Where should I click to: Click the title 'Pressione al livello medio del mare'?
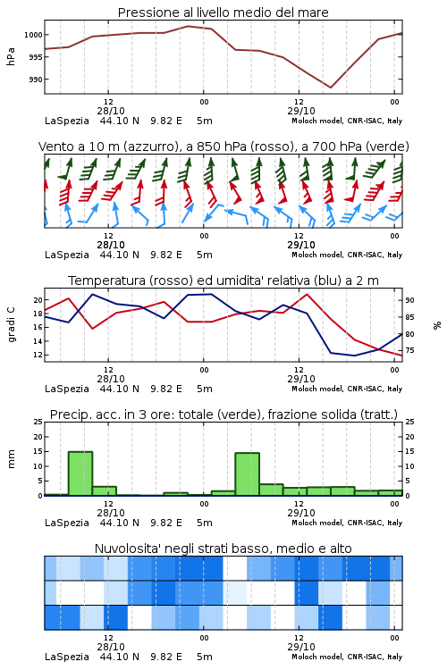tap(223, 13)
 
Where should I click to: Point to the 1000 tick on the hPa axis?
tap(33, 35)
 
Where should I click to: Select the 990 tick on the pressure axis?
tap(35, 80)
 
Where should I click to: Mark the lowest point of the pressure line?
tap(330, 88)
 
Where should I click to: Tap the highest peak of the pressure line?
tap(189, 26)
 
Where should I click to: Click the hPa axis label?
tap(11, 56)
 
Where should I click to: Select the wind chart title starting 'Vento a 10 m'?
tap(223, 147)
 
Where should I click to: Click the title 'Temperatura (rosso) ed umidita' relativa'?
tap(223, 281)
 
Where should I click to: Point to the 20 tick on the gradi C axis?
tap(38, 300)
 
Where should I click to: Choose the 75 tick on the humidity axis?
tap(409, 350)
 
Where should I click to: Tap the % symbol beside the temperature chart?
tap(437, 325)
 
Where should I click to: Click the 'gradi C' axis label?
tap(11, 324)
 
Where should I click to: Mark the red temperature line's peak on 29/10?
tap(307, 294)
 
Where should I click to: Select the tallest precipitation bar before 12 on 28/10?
tap(80, 473)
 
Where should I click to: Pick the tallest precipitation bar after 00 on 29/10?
tap(248, 474)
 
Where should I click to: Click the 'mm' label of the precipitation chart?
tap(11, 459)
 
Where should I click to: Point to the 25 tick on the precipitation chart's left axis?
tap(38, 422)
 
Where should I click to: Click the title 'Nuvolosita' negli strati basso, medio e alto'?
tap(223, 549)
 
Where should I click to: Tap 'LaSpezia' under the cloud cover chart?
tap(67, 657)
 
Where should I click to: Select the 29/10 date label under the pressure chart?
tap(301, 111)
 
